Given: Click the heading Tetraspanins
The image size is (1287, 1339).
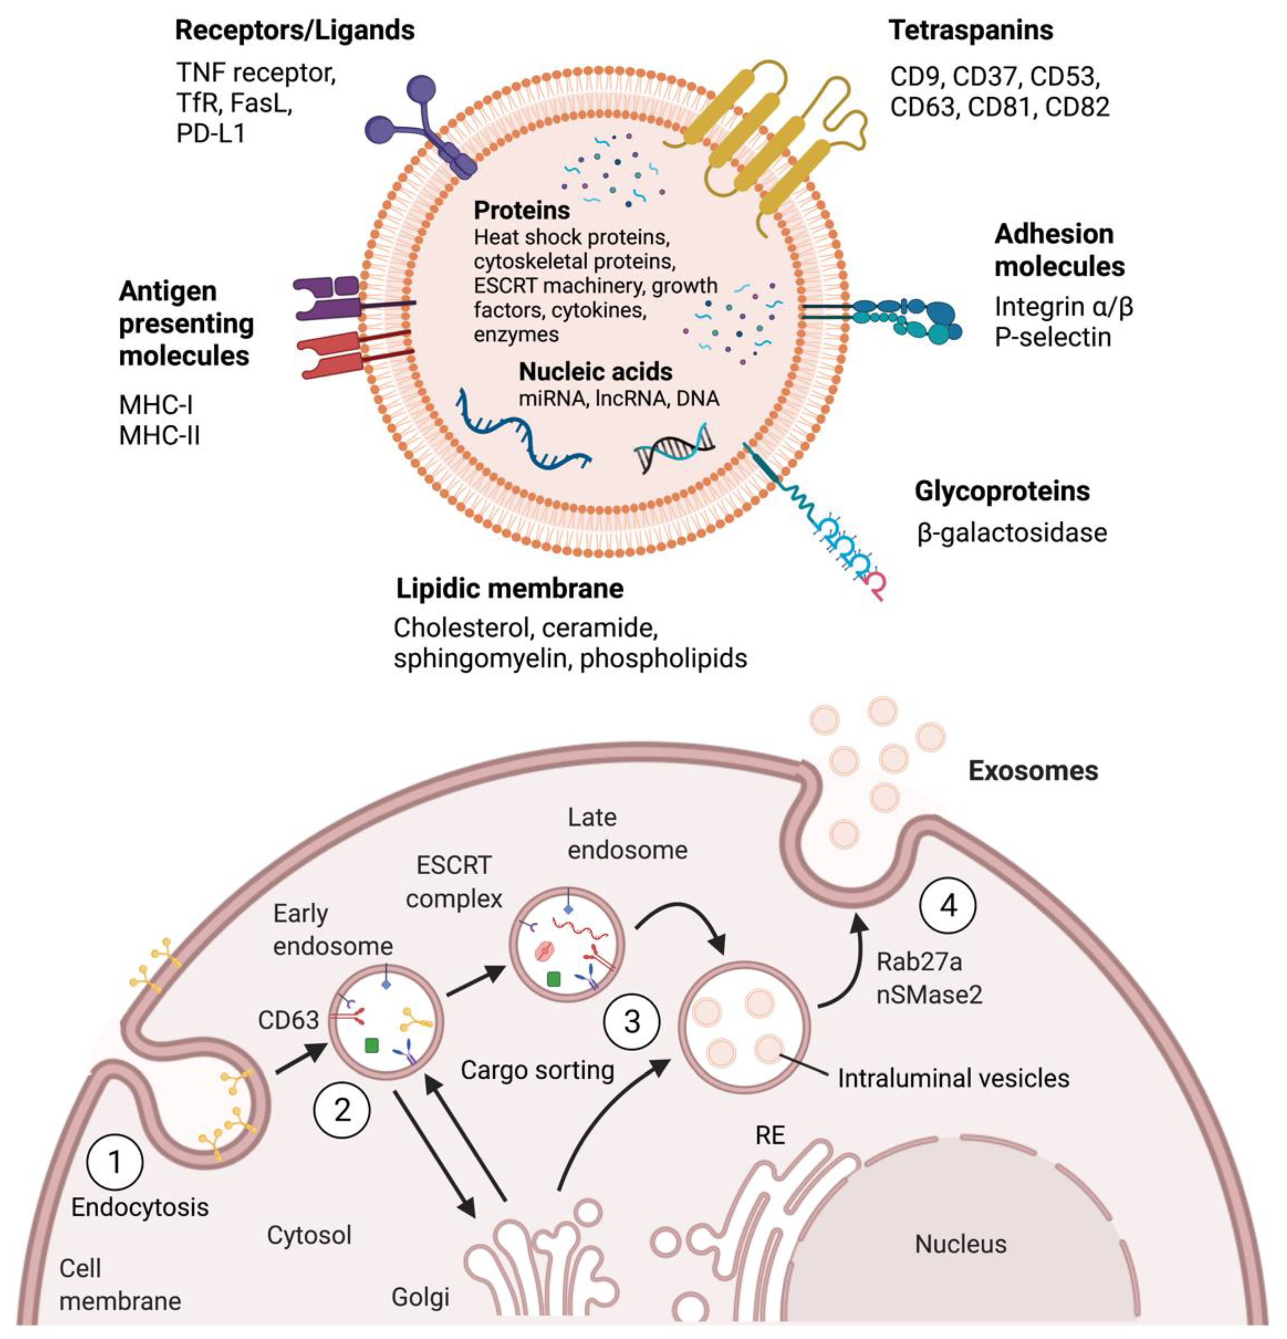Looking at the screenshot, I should click(x=970, y=31).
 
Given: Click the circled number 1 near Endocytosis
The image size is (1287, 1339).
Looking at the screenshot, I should click(x=115, y=1161).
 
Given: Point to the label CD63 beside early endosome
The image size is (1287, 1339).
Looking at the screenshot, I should click(x=288, y=1020).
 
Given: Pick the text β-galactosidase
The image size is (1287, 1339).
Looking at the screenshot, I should click(x=1011, y=533).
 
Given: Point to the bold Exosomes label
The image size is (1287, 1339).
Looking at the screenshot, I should click(x=1033, y=771).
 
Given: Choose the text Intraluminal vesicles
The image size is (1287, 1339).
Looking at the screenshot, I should click(x=953, y=1078).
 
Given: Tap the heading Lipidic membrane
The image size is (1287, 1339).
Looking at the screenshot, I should click(x=510, y=588).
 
